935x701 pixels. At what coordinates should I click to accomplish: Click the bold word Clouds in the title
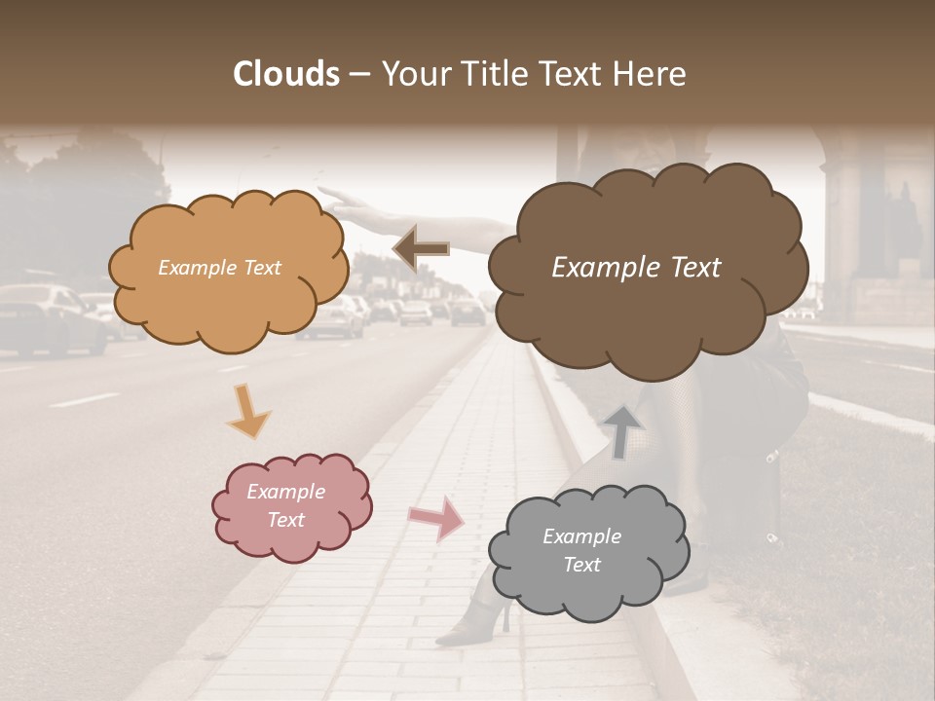(285, 74)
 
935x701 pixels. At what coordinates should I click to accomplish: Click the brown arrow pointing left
(422, 249)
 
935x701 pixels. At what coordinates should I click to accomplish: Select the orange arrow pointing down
(248, 410)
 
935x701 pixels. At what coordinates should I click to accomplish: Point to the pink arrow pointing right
(436, 517)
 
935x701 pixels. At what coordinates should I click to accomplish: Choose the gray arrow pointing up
(622, 431)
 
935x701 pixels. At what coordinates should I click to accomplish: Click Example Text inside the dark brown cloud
(636, 268)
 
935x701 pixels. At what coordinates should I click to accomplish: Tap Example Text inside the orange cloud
(219, 268)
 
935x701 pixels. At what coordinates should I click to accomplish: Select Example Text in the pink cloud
(286, 505)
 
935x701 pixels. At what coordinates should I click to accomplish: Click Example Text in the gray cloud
(581, 550)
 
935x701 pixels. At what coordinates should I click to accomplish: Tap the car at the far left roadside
(49, 316)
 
